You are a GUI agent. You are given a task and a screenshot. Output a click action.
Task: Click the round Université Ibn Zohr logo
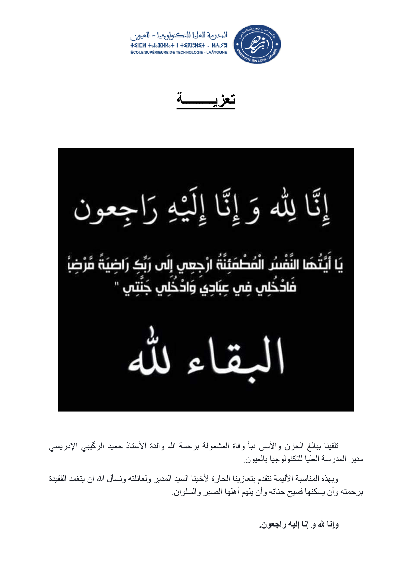pyautogui.click(x=257, y=44)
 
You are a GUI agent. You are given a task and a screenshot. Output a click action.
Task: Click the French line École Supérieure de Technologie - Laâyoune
pyautogui.click(x=179, y=52)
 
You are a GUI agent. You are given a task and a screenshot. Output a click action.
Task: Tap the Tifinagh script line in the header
pyautogui.click(x=179, y=46)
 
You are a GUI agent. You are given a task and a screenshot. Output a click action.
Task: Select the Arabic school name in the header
pyautogui.click(x=179, y=36)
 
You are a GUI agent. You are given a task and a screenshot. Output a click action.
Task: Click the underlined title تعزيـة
pyautogui.click(x=206, y=99)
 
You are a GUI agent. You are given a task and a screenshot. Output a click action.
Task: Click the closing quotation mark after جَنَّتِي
pyautogui.click(x=116, y=283)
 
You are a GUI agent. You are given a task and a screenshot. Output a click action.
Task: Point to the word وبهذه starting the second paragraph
pyautogui.click(x=330, y=479)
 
